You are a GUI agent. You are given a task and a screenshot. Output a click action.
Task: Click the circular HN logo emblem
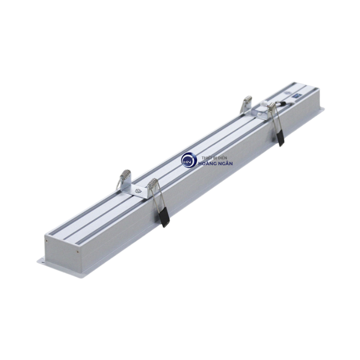188,160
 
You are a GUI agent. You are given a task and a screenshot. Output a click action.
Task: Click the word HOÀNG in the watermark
208,164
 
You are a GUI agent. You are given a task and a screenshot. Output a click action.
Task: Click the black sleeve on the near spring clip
165,219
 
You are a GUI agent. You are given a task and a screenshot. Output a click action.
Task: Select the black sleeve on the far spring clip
280,138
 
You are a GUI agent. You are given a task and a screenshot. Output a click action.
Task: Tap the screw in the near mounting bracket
137,190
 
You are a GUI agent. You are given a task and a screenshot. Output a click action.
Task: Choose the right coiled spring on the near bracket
152,184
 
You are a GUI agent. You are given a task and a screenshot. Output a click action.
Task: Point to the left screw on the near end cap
47,239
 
